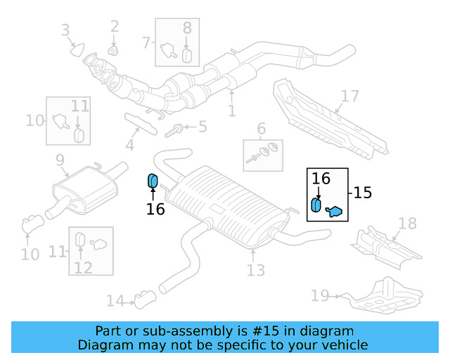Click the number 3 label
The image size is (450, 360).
tap(65, 30)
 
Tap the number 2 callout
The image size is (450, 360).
tap(115, 27)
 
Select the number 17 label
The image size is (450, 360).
tap(349, 96)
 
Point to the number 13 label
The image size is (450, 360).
tap(255, 270)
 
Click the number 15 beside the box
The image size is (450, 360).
tap(362, 192)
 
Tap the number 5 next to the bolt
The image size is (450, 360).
tap(202, 127)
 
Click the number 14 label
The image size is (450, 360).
tap(115, 301)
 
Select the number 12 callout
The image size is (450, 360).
tap(83, 266)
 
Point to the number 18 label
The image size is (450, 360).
tap(407, 224)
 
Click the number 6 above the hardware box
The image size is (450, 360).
tap(261, 129)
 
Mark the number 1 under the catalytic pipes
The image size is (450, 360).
tap(231, 110)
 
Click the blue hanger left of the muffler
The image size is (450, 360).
tap(152, 181)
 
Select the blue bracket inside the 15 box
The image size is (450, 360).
tap(334, 210)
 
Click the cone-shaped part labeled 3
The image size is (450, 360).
tap(77, 49)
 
